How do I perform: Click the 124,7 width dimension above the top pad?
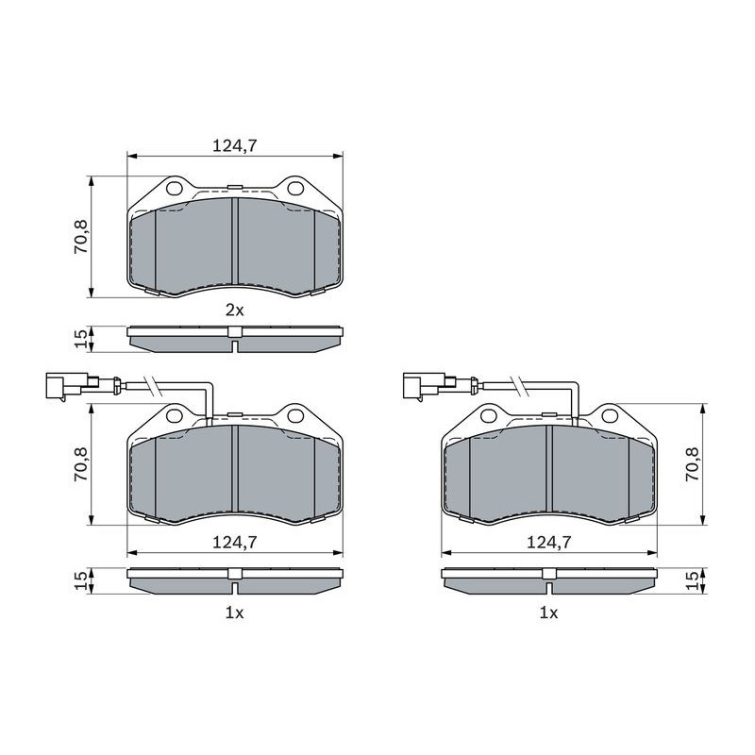(x=235, y=145)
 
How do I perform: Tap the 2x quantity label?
(x=235, y=310)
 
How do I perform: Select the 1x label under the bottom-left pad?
(x=235, y=612)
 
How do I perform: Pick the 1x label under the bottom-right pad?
(x=549, y=612)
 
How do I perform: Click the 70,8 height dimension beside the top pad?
(x=80, y=237)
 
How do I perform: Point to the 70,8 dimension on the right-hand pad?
(x=693, y=464)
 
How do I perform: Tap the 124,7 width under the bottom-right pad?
(x=549, y=543)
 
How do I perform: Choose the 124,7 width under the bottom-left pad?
(x=235, y=543)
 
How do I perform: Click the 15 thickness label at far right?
(x=693, y=579)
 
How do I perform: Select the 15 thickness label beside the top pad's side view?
(x=80, y=339)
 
